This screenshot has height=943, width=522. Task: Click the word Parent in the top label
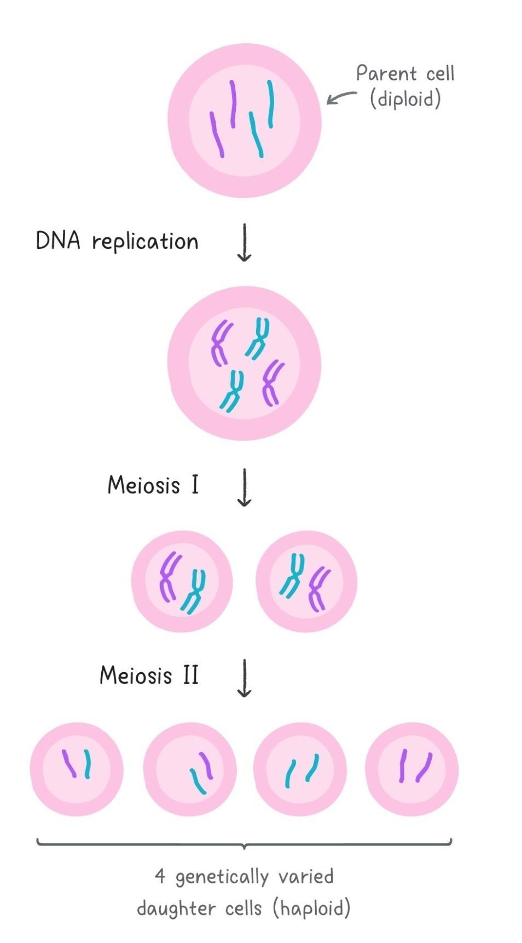click(x=386, y=74)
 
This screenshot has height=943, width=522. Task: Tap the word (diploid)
click(x=405, y=100)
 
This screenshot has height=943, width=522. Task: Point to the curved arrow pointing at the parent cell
click(x=341, y=97)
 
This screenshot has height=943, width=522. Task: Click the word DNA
click(x=57, y=241)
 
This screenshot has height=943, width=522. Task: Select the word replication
click(x=145, y=242)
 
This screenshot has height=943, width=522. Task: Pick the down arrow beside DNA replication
click(x=244, y=242)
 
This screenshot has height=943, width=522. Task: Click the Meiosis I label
click(x=153, y=485)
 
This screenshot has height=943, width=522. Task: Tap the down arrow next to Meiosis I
click(x=244, y=487)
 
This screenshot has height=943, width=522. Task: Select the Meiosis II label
click(x=149, y=676)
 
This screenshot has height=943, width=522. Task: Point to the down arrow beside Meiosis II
click(x=244, y=678)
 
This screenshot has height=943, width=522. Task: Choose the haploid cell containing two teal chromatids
click(x=300, y=769)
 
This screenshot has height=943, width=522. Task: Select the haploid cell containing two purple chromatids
click(x=411, y=769)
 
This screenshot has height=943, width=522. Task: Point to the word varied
click(x=306, y=876)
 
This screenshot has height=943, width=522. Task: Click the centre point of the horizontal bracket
click(x=244, y=845)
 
